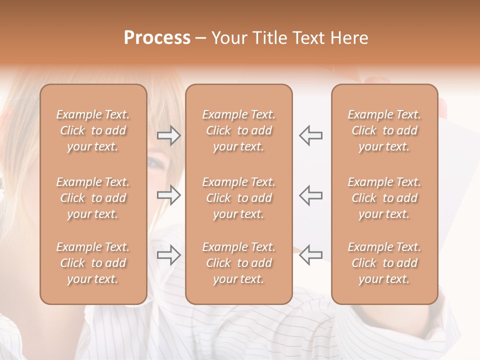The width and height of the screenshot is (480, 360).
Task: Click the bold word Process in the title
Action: pos(157,38)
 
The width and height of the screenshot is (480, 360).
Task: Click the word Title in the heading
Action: pos(269,38)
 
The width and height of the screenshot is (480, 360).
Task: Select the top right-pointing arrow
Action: pos(169,135)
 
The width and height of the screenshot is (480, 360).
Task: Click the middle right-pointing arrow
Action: pos(169,195)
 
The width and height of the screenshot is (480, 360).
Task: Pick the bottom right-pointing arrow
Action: pos(169,255)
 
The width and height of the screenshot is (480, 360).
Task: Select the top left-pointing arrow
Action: pos(311,135)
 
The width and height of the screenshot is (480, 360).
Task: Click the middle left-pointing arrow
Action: pos(311,195)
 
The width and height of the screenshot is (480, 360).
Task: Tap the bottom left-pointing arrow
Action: pos(311,255)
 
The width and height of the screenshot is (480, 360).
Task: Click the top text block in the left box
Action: pos(93,130)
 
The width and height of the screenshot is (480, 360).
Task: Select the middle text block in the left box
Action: pos(93,198)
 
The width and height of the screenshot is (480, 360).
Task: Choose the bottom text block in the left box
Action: pos(93,263)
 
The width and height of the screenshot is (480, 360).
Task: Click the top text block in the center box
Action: pos(238,130)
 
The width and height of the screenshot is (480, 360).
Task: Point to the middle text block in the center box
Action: pos(238,198)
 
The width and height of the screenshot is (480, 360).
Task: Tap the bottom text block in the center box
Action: pos(238,263)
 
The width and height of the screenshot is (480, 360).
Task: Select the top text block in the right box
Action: pos(384,130)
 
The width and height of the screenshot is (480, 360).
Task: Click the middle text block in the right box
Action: pos(384,198)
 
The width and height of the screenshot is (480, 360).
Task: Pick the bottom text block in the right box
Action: pos(384,263)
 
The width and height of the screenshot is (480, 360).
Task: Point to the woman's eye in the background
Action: pos(156,163)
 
